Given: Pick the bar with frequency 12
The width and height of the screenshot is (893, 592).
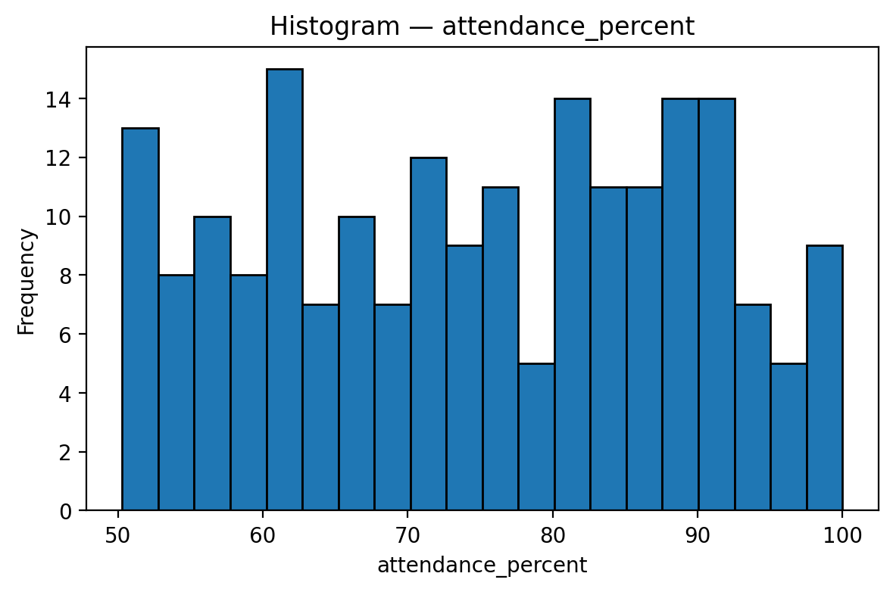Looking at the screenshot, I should [x=428, y=334].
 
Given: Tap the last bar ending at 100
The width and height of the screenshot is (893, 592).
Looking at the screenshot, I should [x=824, y=379].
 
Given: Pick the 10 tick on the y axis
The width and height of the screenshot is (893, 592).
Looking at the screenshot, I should [x=64, y=217].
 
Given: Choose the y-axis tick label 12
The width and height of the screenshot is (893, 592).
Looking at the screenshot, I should [x=64, y=158].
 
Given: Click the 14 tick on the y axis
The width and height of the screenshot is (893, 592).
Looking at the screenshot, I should [x=64, y=99].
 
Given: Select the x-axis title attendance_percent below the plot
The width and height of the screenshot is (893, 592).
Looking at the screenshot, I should [x=482, y=565].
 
